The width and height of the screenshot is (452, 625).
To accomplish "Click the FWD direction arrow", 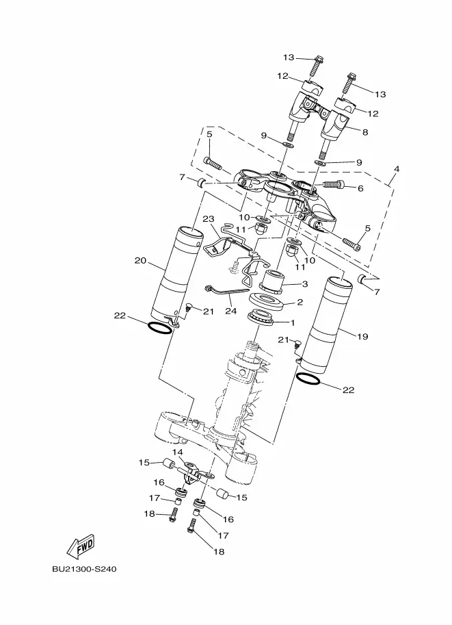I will point(81,546).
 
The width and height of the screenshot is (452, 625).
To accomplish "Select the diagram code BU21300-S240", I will point(83,569).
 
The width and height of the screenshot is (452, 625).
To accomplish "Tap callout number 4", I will point(396,169).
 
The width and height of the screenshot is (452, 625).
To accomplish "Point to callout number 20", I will point(141,260).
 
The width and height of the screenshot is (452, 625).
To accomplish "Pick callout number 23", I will point(209,219).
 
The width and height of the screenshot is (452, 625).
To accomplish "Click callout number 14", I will point(178,452).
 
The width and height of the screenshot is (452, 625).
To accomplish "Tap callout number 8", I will point(364,133).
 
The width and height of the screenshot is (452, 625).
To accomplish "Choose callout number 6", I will point(360,187).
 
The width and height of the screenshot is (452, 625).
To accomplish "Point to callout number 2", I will point(299,302).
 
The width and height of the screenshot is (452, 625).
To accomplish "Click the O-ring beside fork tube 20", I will point(159,328).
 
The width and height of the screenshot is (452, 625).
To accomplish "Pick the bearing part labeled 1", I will point(264,317).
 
